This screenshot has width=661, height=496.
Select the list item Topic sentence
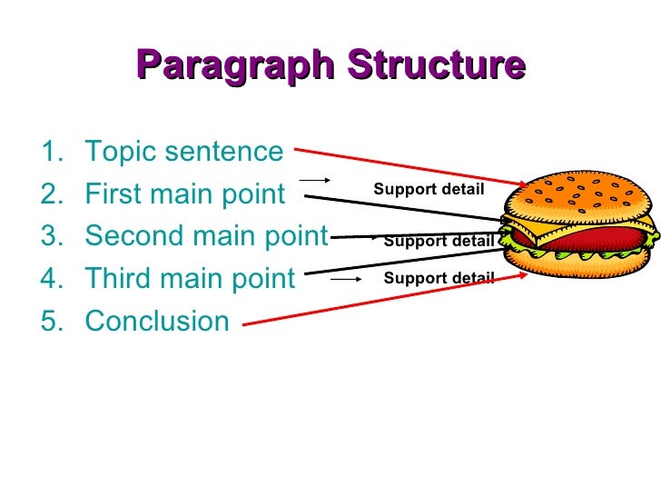tap(183, 152)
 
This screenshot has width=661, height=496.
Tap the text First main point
tap(184, 193)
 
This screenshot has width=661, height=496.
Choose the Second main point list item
tap(205, 236)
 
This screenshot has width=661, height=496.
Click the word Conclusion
tap(156, 321)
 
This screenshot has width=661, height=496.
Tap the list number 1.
tap(51, 152)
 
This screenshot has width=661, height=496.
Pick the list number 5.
tap(51, 321)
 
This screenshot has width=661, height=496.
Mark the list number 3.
tap(51, 236)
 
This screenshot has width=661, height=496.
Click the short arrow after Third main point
tap(346, 279)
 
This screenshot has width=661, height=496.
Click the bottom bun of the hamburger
tap(581, 273)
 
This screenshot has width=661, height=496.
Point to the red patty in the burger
tap(581, 239)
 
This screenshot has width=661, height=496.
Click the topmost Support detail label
tap(429, 189)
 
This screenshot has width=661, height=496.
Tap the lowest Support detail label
tap(439, 278)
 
